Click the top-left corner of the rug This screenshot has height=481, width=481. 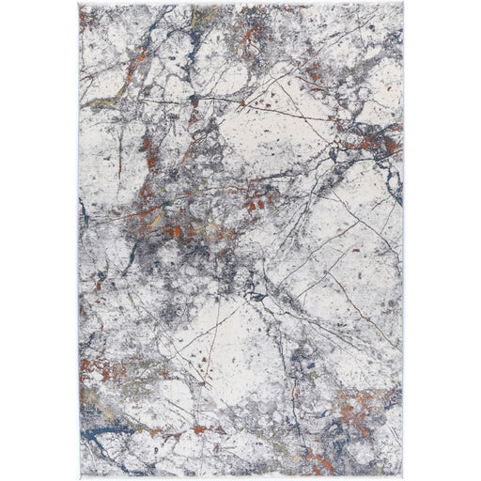click(x=80, y=5)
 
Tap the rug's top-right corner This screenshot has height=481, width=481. click(x=402, y=5)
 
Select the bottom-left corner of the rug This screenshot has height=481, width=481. click(x=79, y=475)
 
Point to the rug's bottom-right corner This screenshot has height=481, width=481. click(x=402, y=475)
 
